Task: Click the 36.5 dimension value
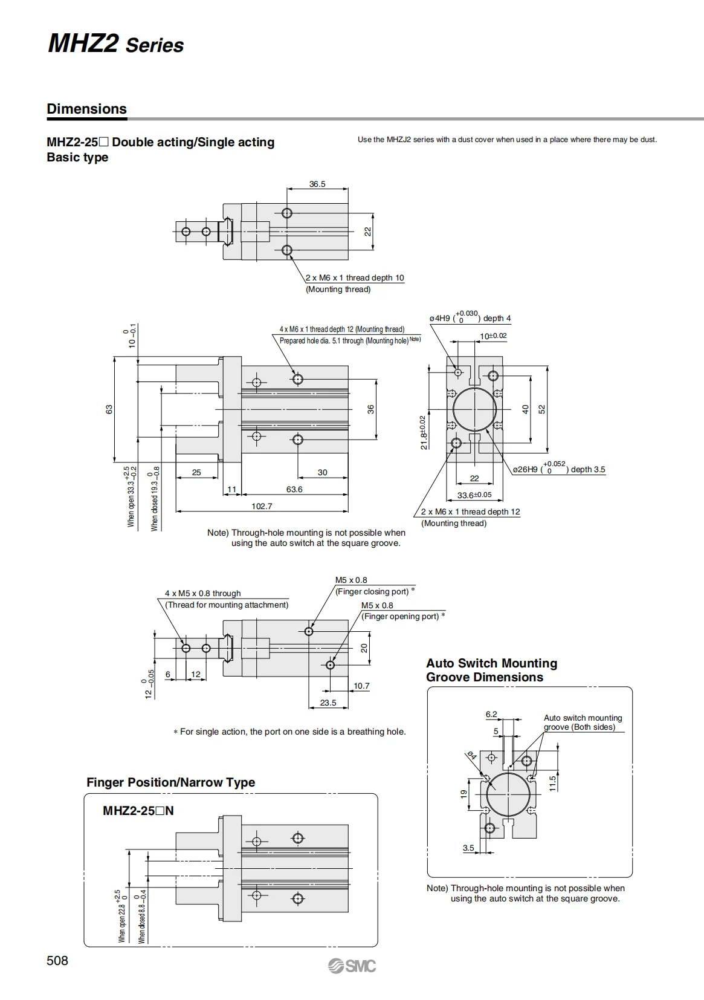317,184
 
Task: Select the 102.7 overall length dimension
262,506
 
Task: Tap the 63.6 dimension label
294,489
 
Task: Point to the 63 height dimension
109,409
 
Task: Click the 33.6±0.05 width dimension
474,495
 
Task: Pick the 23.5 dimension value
328,703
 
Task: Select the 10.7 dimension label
361,686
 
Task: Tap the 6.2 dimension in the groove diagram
491,714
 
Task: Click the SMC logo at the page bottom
352,966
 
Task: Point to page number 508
57,961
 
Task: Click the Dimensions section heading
86,108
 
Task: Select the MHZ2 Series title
115,44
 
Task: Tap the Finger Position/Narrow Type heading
171,782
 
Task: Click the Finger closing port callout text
375,591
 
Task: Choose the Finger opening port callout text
403,616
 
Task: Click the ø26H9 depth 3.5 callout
559,468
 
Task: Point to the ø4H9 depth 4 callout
470,317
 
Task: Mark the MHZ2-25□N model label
138,810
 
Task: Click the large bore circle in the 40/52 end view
475,409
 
